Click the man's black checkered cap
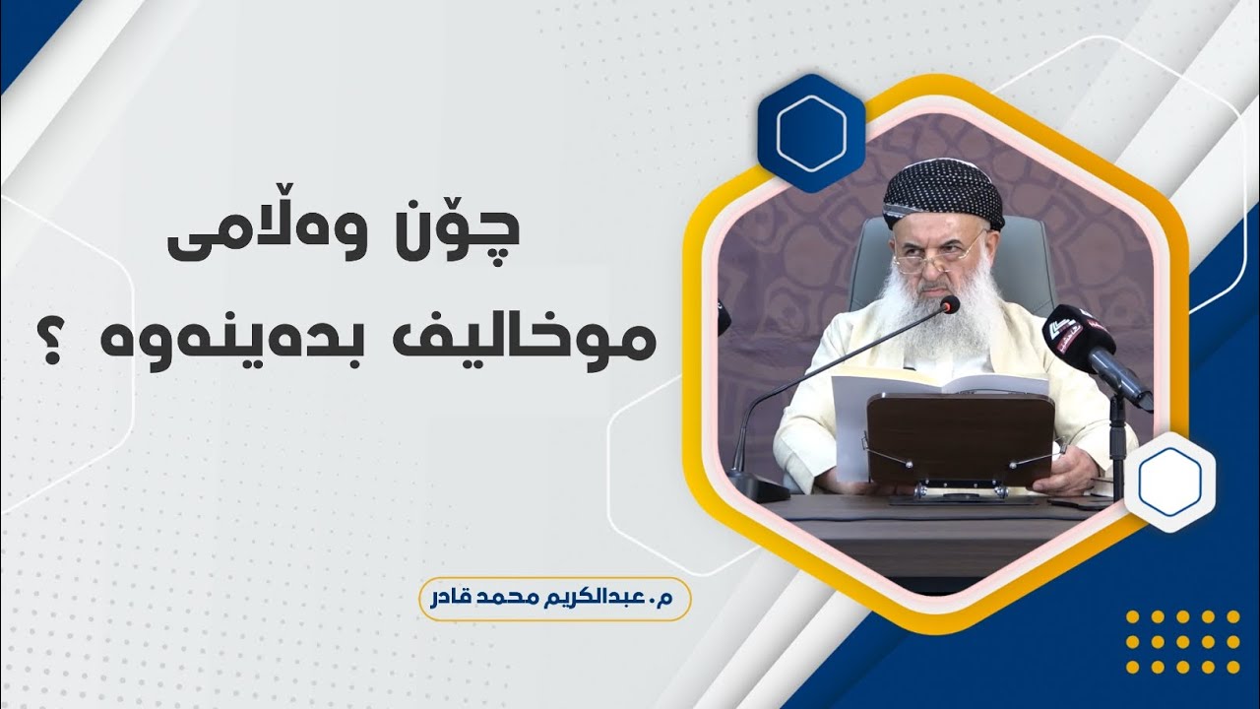tap(942, 192)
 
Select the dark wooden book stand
tap(961, 438)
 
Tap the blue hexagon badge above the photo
tap(810, 134)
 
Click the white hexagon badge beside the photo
tap(1169, 482)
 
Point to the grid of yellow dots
tap(1181, 642)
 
